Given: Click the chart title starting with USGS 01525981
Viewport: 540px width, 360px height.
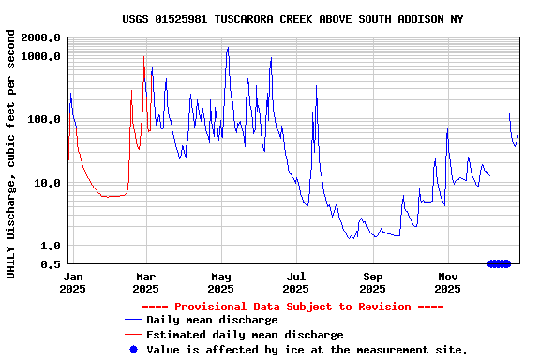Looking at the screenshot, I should click(292, 19).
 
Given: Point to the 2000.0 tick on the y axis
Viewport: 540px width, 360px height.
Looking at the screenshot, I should click(42, 37).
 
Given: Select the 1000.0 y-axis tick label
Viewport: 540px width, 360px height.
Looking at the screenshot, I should click(42, 56).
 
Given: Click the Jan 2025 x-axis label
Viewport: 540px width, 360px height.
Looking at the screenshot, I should click(72, 283).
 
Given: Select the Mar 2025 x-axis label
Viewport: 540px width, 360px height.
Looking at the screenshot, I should click(145, 283).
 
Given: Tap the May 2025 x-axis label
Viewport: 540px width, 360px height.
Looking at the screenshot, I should click(221, 283).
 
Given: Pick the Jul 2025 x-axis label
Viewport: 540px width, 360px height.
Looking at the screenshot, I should click(296, 283).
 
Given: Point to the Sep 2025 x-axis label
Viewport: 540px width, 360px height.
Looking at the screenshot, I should click(373, 283).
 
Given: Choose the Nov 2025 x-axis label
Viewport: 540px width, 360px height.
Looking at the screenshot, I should click(448, 283).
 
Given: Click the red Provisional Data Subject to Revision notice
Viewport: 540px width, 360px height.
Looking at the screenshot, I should click(292, 307).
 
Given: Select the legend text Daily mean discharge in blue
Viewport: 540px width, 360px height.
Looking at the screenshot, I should click(212, 321).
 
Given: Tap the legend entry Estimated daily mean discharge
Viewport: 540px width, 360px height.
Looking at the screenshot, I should click(245, 335).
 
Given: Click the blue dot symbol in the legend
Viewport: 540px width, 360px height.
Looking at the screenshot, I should click(133, 350).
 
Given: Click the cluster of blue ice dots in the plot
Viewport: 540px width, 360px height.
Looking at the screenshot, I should click(500, 263).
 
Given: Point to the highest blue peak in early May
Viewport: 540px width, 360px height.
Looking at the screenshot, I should click(227, 48).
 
